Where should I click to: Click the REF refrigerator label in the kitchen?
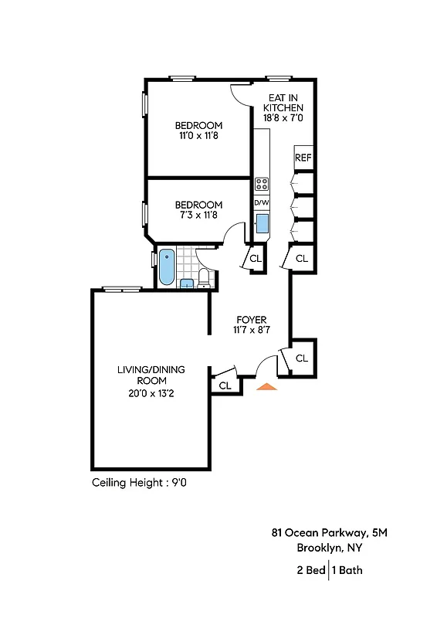[303, 158]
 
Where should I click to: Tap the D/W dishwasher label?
[262, 202]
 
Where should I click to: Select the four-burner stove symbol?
[262, 184]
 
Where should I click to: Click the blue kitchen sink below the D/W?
[262, 224]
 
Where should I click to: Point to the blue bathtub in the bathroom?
[166, 267]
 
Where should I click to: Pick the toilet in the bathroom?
[205, 277]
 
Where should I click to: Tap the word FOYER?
[251, 320]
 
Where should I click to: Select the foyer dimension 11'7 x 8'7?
[251, 331]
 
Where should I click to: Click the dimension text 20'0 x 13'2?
[151, 392]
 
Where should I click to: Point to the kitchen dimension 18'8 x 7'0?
[285, 119]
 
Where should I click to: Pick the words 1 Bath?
[347, 571]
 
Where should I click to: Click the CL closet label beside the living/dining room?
[225, 385]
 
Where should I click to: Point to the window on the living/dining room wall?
[122, 290]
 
